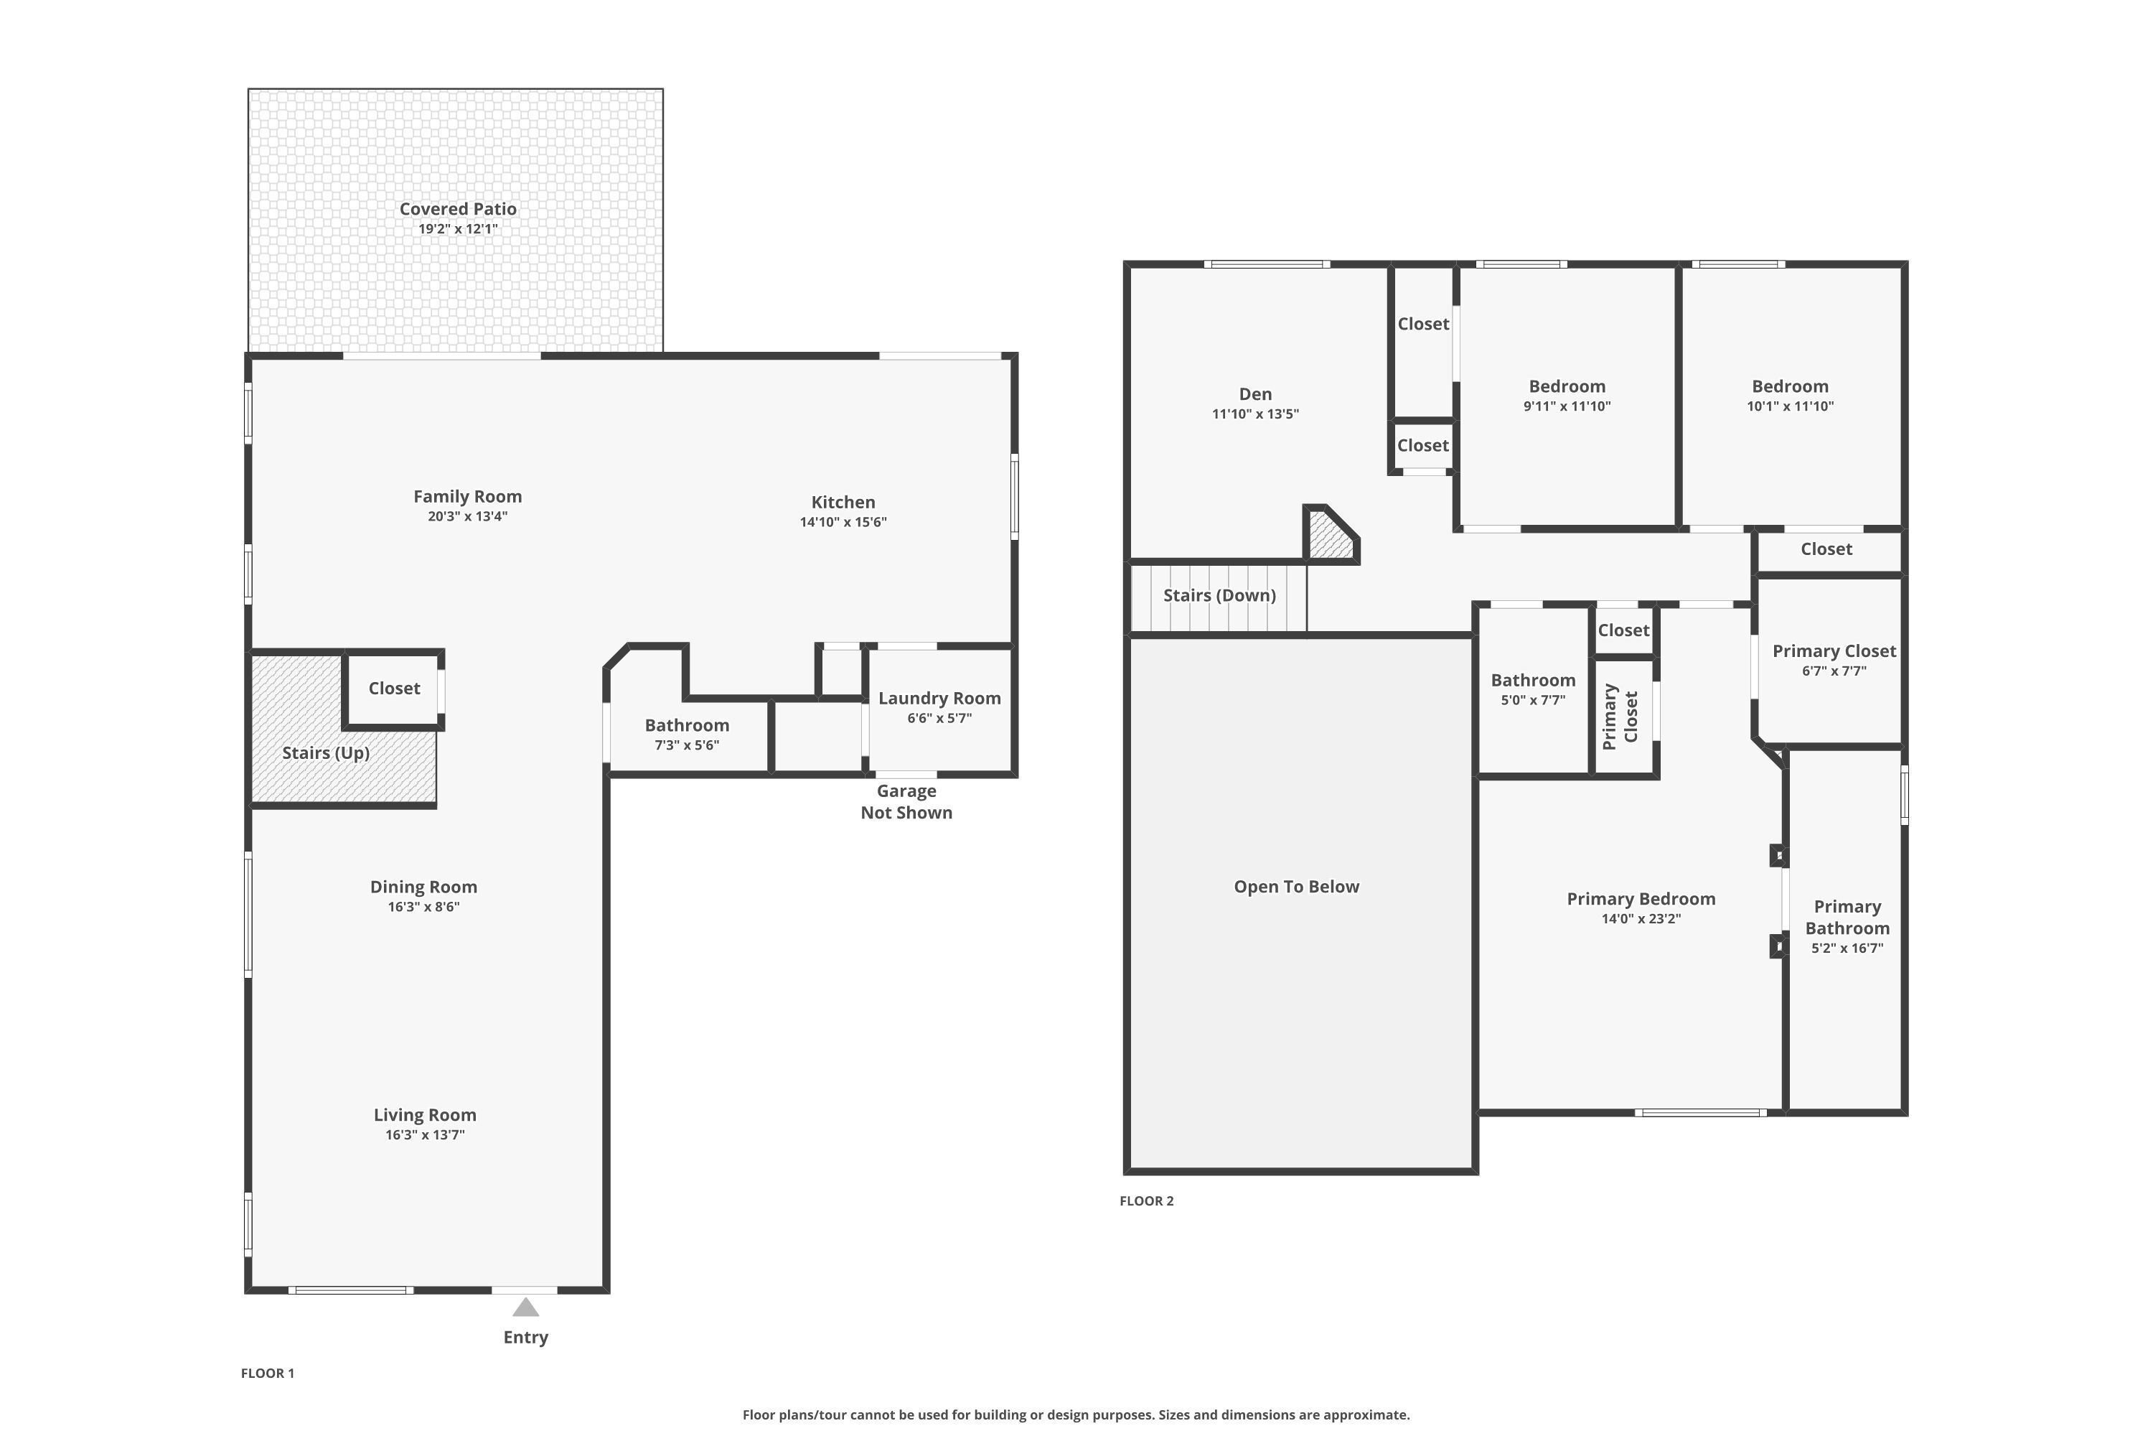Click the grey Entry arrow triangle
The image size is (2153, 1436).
pyautogui.click(x=525, y=1307)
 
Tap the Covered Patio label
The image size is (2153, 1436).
pyautogui.click(x=458, y=209)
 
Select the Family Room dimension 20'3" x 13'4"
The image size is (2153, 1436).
pyautogui.click(x=468, y=516)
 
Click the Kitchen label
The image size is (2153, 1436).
pyautogui.click(x=843, y=502)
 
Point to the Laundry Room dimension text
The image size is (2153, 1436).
pyautogui.click(x=939, y=718)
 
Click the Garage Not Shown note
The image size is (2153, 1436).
pyautogui.click(x=906, y=801)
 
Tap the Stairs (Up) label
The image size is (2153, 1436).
pyautogui.click(x=326, y=752)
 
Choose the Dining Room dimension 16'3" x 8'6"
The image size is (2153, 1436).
pyautogui.click(x=424, y=907)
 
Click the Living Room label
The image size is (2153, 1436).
pyautogui.click(x=425, y=1114)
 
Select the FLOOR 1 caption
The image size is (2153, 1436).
pyautogui.click(x=267, y=1373)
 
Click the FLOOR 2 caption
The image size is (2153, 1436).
pyautogui.click(x=1146, y=1200)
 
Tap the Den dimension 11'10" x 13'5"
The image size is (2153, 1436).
pyautogui.click(x=1255, y=414)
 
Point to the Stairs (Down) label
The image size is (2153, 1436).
pyautogui.click(x=1219, y=595)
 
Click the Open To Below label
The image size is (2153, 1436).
pyautogui.click(x=1296, y=887)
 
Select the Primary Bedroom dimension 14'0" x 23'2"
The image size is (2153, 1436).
pyautogui.click(x=1641, y=918)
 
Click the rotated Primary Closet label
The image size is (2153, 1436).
pyautogui.click(x=1620, y=716)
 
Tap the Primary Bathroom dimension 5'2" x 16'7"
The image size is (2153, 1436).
pyautogui.click(x=1847, y=948)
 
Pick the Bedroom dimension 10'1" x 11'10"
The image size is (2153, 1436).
pyautogui.click(x=1791, y=406)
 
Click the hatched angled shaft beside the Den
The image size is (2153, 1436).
pyautogui.click(x=1330, y=535)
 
